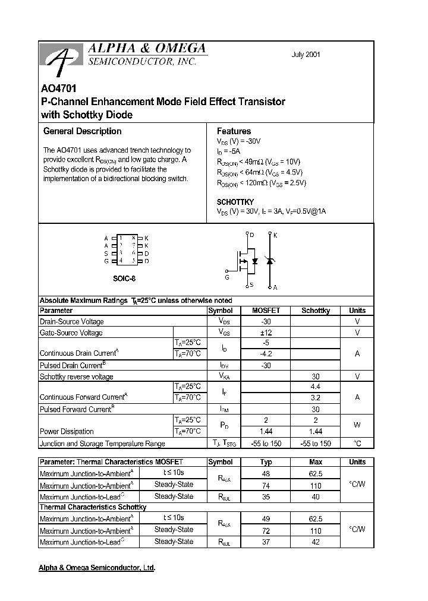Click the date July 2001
[306, 55]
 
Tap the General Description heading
[83, 131]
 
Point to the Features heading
[234, 131]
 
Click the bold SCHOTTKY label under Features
[235, 202]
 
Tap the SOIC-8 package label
[125, 277]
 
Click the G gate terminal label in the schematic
[227, 277]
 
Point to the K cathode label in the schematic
[275, 235]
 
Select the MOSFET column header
[266, 311]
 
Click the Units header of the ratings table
[357, 311]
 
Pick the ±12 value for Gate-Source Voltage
[266, 333]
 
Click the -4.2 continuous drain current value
[266, 354]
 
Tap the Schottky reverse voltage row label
[76, 377]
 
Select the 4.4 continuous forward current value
[316, 387]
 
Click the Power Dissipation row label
[67, 432]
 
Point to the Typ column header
[266, 462]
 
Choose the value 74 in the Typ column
[266, 485]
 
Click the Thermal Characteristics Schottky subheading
[93, 507]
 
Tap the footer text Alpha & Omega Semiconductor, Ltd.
[97, 568]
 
